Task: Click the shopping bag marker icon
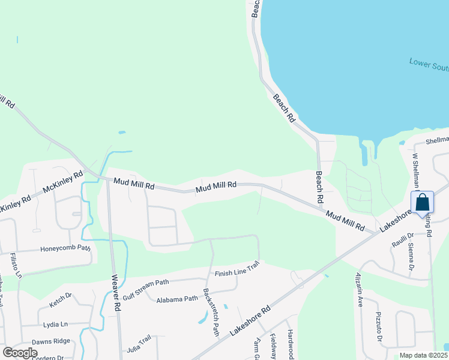point(422,202)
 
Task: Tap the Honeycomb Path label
point(65,248)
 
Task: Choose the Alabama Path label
point(177,299)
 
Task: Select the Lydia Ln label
point(55,324)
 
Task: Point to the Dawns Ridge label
point(51,341)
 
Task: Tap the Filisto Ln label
point(16,266)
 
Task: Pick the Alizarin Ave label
point(358,290)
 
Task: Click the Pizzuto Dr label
point(379,328)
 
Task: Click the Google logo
point(19,353)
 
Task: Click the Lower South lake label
point(429,64)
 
